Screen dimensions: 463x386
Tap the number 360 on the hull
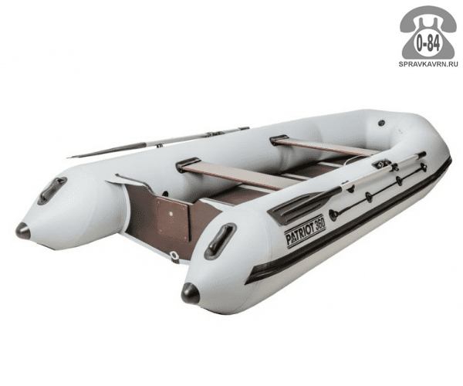coord(319,223)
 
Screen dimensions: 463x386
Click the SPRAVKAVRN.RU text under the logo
coord(428,64)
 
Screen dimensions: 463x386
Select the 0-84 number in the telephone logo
coord(428,45)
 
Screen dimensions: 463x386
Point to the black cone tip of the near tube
coord(191,293)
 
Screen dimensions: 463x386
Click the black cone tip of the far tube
coord(23,231)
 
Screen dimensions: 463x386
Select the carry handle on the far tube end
coord(52,191)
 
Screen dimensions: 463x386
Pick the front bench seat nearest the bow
coord(326,146)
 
